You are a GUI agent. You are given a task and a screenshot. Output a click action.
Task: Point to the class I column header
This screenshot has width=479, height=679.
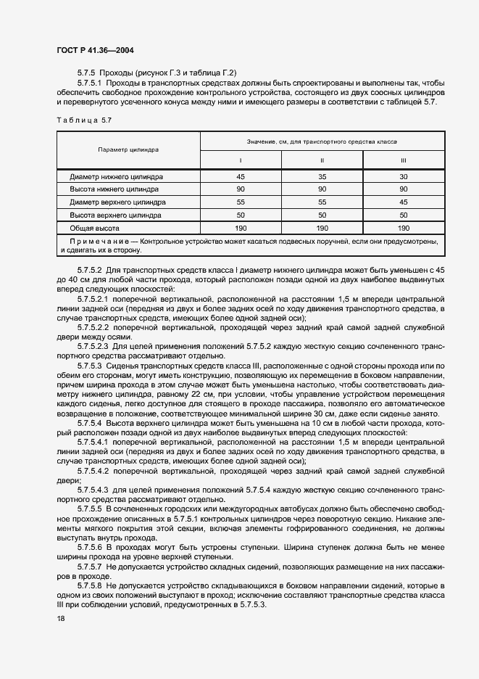coord(241,160)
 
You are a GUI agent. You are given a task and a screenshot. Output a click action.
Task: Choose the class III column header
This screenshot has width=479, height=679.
coord(404,160)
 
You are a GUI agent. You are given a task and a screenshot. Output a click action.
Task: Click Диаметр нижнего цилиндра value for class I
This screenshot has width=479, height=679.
coord(241,176)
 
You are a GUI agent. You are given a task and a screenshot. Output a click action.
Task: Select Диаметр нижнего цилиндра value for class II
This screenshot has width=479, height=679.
coord(322,176)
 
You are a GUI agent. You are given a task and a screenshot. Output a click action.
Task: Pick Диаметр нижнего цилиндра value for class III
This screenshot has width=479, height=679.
coord(404,176)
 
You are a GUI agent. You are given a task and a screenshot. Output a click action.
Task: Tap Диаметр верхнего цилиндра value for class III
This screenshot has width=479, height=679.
coord(404,202)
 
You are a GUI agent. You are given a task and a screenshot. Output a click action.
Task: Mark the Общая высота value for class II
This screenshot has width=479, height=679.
coord(322,228)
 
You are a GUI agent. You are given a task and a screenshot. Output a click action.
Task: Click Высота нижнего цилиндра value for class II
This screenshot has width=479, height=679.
coord(322,189)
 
